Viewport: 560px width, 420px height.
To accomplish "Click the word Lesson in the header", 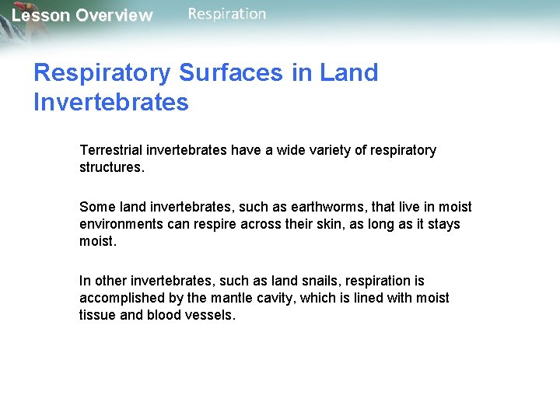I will coord(40,16).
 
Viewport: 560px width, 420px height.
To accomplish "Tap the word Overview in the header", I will coord(114,16).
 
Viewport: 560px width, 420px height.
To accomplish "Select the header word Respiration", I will coord(227,14).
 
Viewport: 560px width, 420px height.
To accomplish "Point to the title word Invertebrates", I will coord(111,102).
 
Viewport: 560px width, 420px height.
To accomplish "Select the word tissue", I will coord(96,315).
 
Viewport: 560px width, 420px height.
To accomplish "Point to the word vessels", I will coord(210,315).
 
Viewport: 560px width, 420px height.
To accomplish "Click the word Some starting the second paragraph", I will coord(96,207).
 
